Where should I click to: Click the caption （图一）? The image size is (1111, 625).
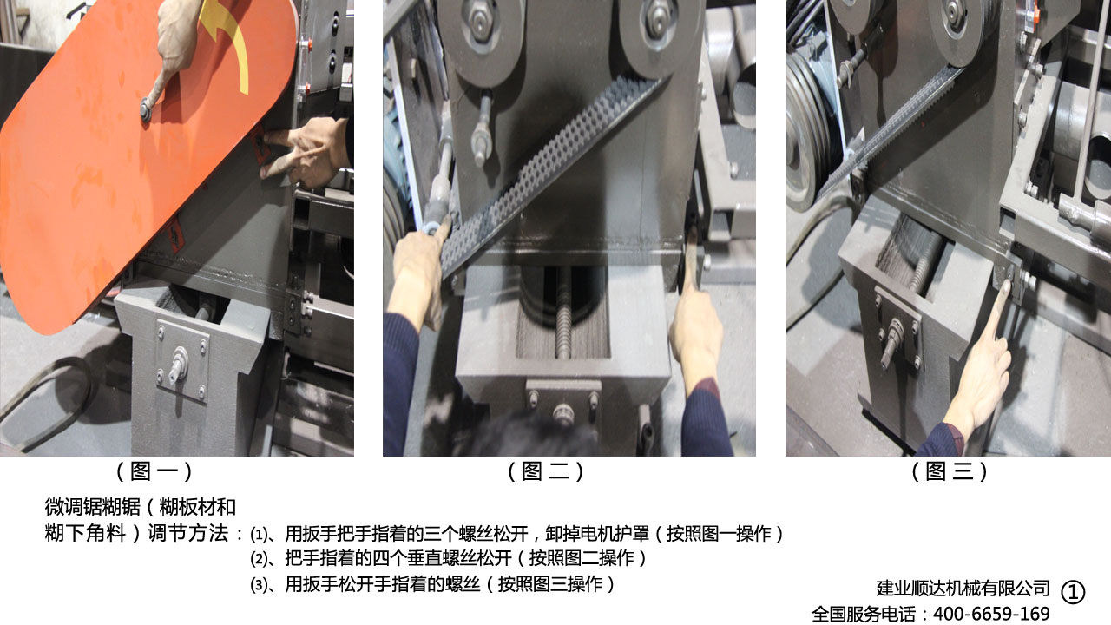coord(154,471)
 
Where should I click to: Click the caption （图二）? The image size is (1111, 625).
coord(546,471)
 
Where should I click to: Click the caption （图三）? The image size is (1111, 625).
coord(950,471)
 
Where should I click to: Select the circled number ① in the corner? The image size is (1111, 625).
coord(1073,592)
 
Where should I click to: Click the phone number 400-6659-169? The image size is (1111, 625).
coord(991,614)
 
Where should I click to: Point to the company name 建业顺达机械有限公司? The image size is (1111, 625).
coord(963,589)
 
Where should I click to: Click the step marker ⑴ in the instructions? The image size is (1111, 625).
coord(259,535)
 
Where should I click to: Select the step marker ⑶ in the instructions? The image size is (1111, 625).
coord(259,585)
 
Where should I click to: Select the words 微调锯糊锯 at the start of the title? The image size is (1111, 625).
coord(92,507)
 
